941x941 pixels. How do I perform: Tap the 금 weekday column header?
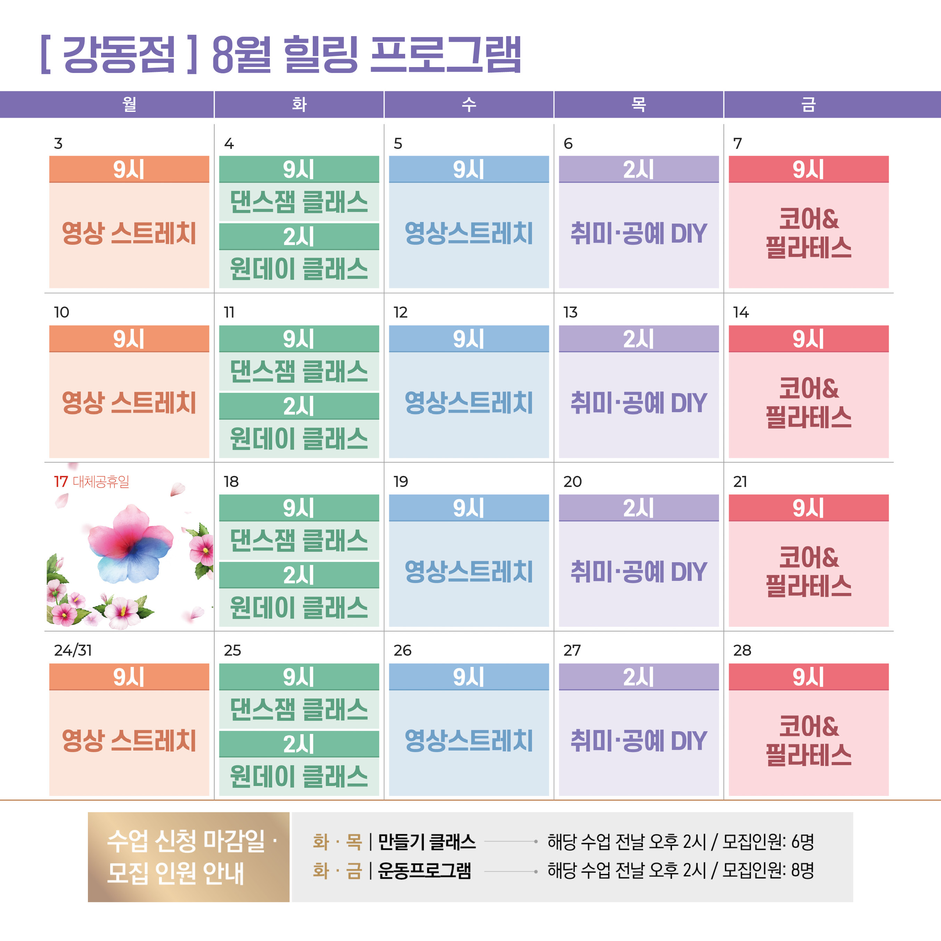point(809,104)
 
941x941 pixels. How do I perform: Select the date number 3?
point(58,144)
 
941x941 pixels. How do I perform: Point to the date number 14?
point(741,312)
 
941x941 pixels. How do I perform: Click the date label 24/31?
point(73,650)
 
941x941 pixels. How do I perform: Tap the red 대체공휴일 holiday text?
point(101,482)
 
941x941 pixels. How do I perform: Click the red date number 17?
point(61,482)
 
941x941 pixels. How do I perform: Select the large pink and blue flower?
point(131,545)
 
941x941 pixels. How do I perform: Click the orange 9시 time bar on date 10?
point(129,338)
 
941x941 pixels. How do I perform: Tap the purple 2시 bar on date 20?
point(639,508)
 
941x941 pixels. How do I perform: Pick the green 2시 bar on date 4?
point(299,237)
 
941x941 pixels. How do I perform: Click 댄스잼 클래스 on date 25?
point(299,709)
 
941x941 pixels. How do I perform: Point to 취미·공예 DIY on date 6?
point(639,233)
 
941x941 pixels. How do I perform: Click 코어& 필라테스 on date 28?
point(809,741)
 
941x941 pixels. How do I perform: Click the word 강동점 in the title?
point(119,55)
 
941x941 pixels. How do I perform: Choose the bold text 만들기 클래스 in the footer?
point(427,842)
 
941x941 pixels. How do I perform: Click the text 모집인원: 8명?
point(768,870)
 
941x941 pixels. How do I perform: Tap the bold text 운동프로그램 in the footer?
point(425,870)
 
